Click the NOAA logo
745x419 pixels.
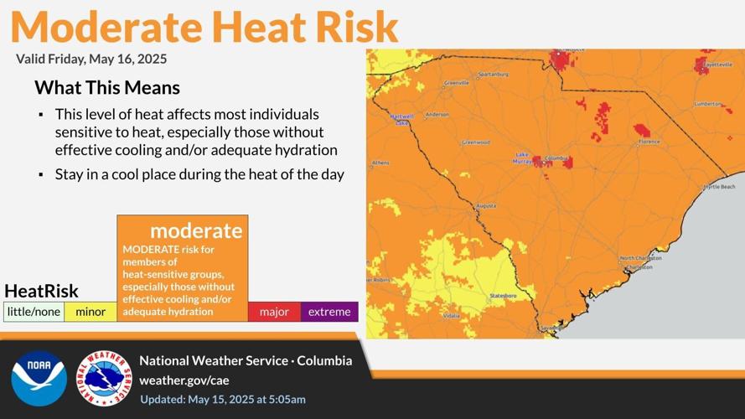39,378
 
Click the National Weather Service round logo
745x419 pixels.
105,378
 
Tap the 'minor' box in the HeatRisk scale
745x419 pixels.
91,312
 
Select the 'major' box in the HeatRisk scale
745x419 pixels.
274,312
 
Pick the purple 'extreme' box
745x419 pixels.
329,312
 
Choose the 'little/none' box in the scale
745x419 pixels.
34,312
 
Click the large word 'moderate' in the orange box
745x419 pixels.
196,230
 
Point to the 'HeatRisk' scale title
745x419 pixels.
41,291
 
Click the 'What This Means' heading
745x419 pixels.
107,87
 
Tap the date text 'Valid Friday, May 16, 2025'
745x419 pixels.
91,59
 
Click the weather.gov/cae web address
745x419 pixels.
184,380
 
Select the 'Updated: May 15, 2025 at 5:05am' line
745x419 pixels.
222,399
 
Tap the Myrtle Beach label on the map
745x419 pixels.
719,186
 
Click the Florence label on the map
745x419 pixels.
649,142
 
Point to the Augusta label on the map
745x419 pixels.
485,205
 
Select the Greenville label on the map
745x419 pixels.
457,83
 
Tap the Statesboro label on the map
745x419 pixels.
502,296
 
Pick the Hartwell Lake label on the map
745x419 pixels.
402,119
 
